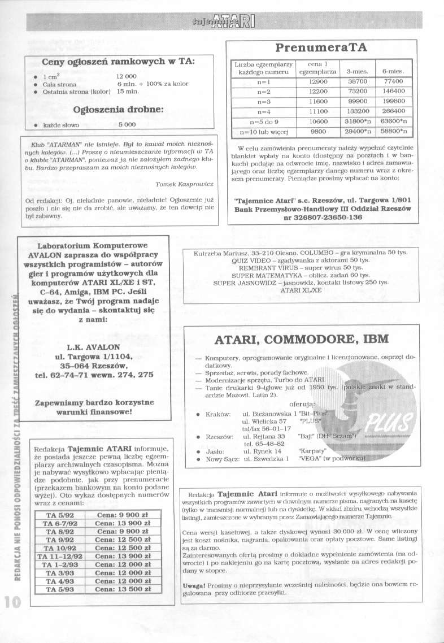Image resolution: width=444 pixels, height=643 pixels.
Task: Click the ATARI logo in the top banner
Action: (x=233, y=22)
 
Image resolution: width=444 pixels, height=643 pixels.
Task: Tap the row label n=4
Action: (x=265, y=112)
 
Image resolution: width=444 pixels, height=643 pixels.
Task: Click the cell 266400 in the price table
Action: (x=393, y=112)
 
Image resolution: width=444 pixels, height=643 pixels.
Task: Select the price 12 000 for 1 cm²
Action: (x=128, y=76)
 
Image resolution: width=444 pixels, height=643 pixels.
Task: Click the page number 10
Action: (x=11, y=601)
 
